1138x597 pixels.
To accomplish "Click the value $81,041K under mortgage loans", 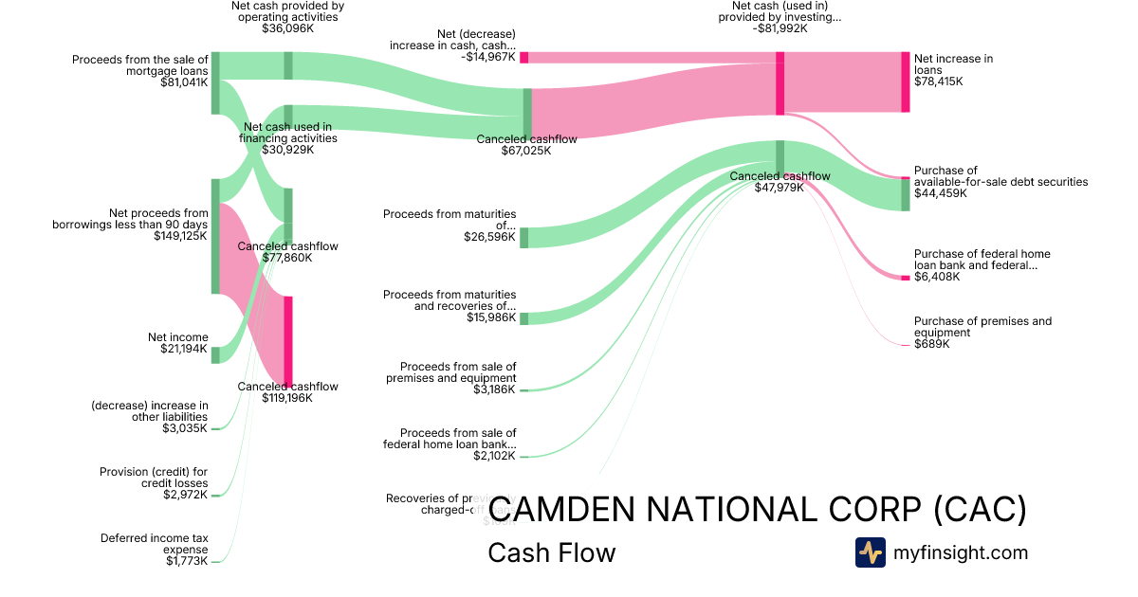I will tap(184, 82).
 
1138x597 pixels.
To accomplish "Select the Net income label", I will tap(177, 337).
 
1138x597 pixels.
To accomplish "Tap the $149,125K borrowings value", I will tap(180, 236).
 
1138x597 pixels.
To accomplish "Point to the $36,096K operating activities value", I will tap(287, 28).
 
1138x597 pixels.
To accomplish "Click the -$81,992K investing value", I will tap(780, 28).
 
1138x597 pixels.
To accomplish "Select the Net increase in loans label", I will tap(953, 64).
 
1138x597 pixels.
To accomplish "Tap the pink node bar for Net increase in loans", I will tap(905, 82).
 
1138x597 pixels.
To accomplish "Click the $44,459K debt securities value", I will tap(940, 193).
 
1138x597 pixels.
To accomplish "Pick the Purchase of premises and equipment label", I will tap(982, 327).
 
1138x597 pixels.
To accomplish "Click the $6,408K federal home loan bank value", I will tap(937, 277).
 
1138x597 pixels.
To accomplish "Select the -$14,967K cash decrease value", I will tap(488, 57).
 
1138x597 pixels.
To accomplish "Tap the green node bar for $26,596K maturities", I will tap(523, 238).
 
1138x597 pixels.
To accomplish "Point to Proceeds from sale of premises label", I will tap(458, 372).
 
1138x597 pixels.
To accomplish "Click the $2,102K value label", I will tap(494, 456).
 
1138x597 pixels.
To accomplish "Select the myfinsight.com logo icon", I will tap(870, 552).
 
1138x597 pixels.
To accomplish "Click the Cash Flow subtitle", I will tap(551, 552).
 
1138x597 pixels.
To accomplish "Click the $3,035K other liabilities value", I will tap(185, 428).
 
